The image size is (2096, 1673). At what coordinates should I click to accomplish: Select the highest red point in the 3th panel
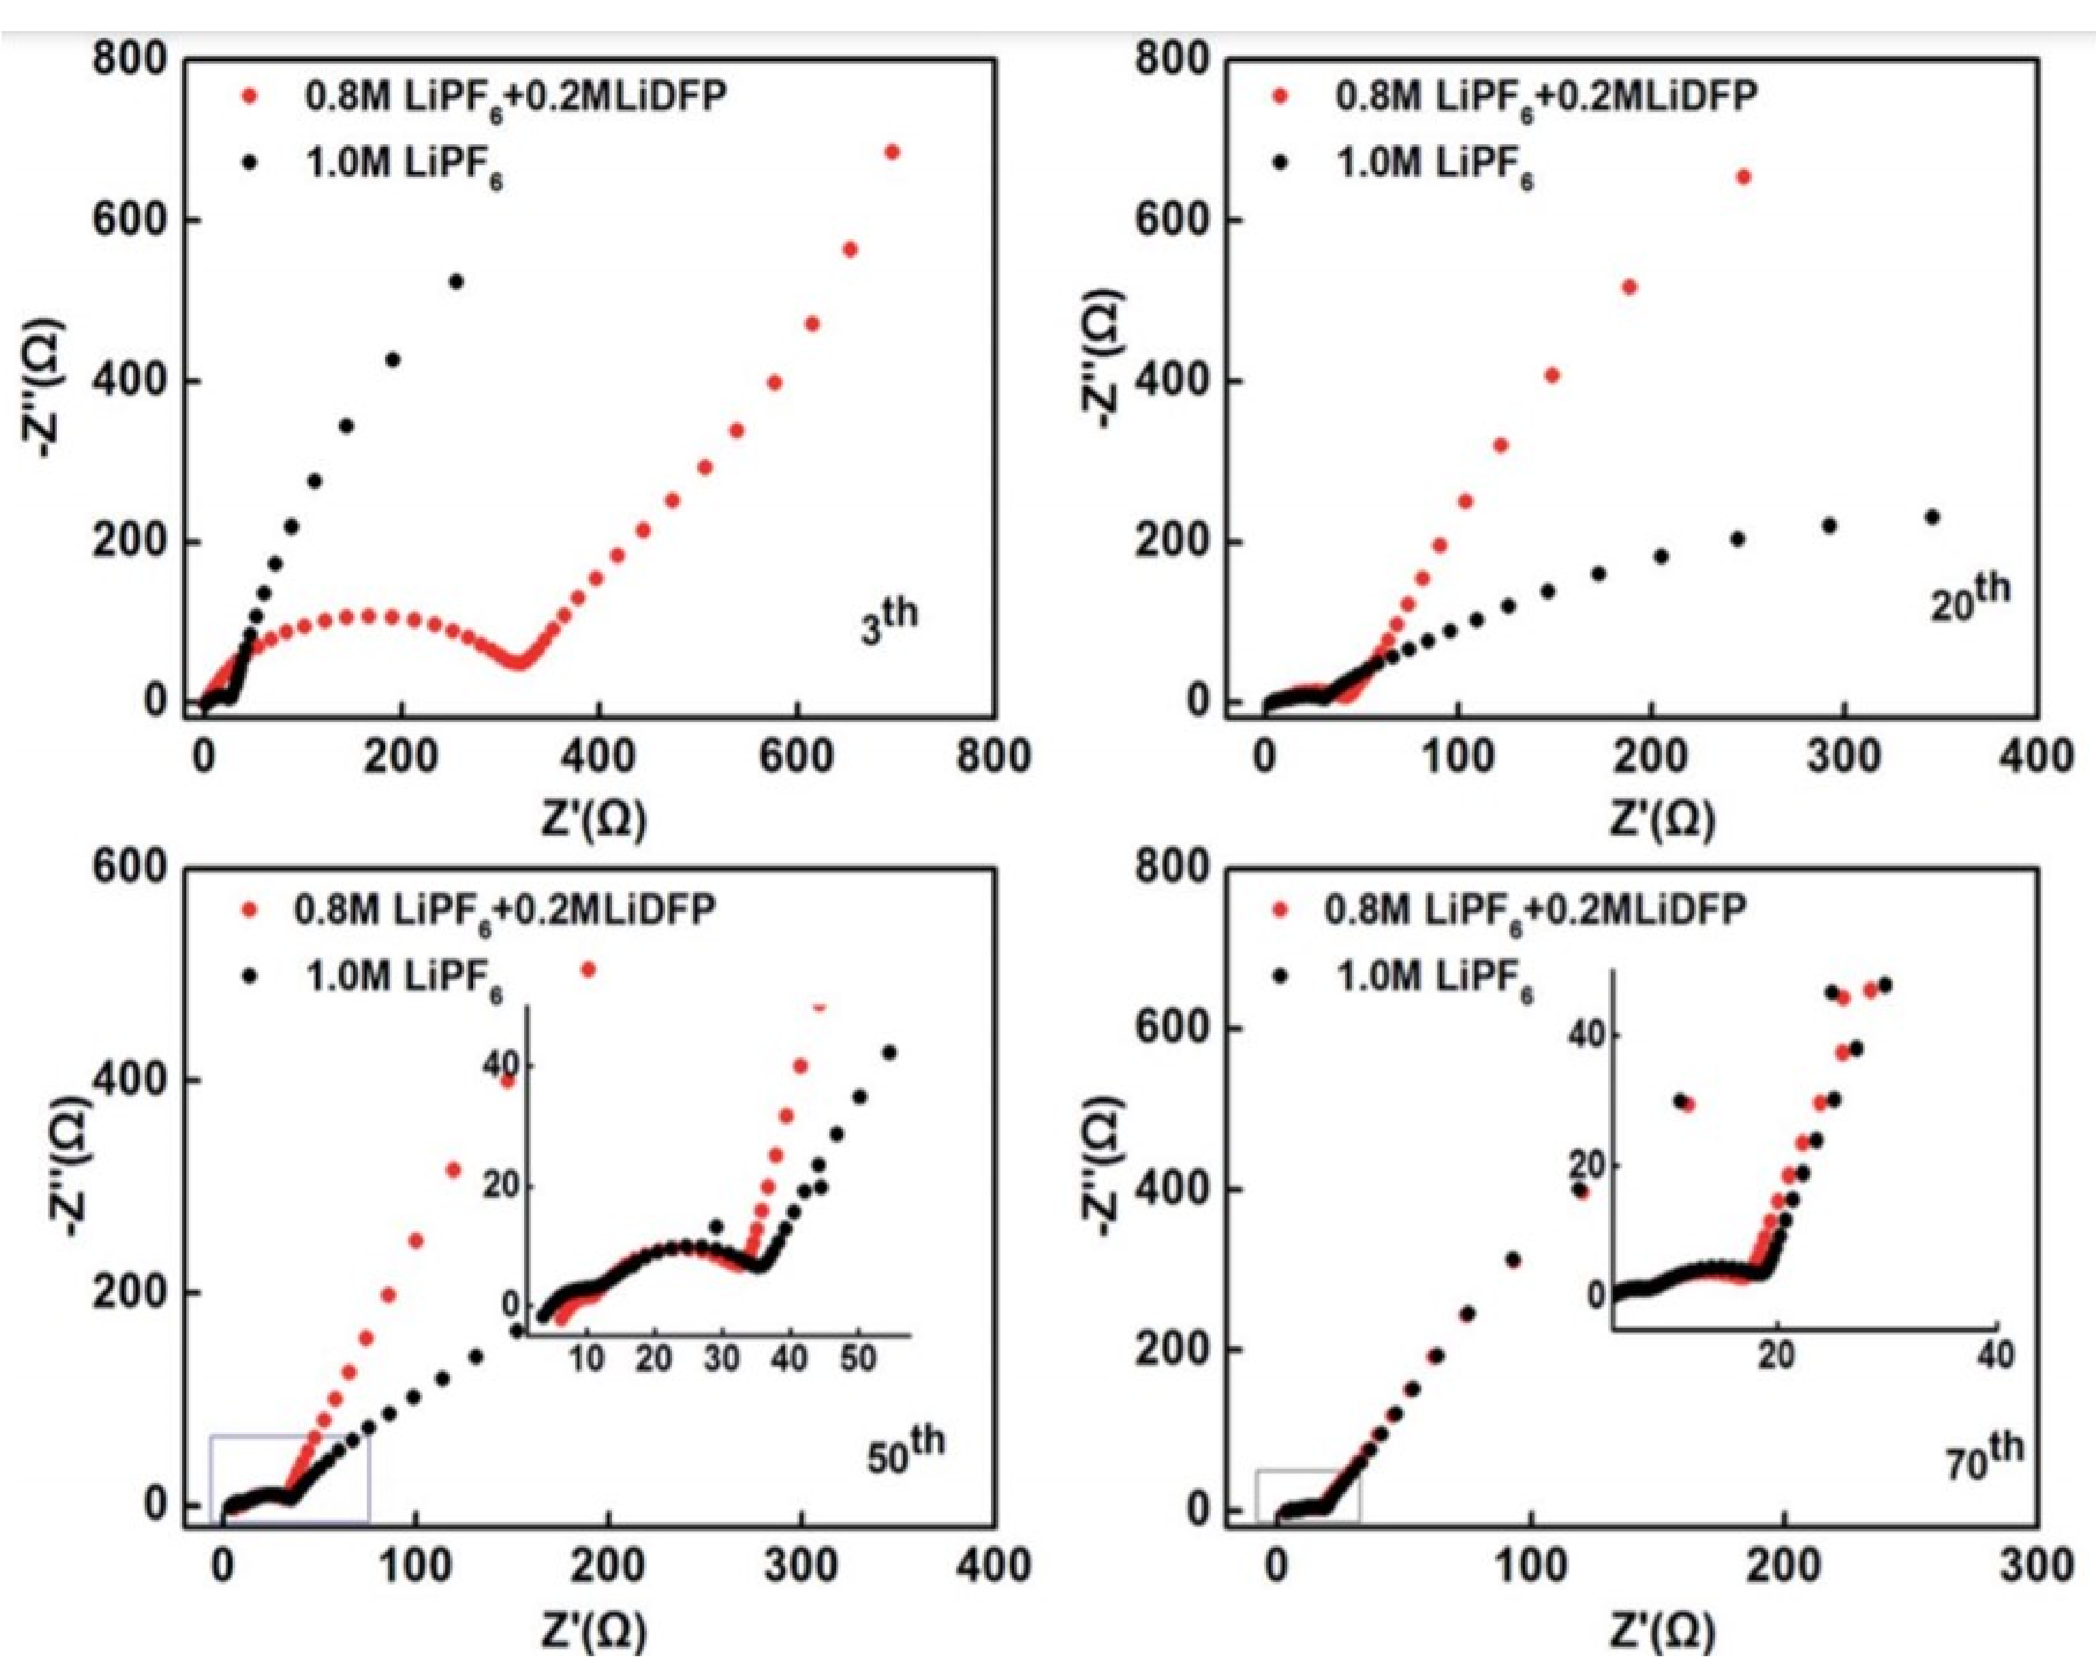point(891,152)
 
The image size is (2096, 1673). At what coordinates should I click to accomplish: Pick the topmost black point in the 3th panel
point(455,282)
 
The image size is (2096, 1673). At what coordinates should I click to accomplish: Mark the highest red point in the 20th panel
point(1743,177)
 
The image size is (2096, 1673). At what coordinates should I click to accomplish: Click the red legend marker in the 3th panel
point(252,96)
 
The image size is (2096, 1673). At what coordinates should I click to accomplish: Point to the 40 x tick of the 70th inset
point(1996,1354)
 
